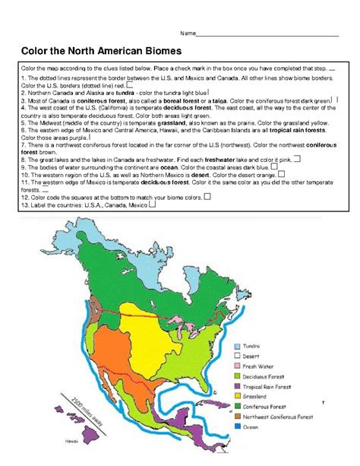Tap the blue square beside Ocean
pos(238,426)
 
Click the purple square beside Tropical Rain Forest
pos(238,385)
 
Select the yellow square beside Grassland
pos(238,395)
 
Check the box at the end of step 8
pos(295,158)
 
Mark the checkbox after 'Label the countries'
pos(154,204)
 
